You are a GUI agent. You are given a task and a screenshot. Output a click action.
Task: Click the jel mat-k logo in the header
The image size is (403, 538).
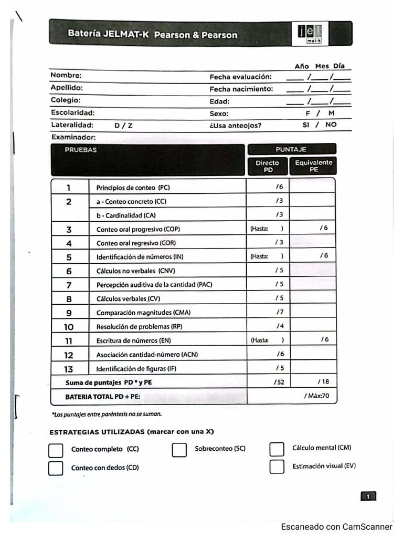tap(309, 33)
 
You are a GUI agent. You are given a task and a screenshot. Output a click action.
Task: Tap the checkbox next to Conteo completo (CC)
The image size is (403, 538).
tap(56, 450)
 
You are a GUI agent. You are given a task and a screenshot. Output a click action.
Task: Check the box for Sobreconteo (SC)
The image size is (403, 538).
tap(179, 450)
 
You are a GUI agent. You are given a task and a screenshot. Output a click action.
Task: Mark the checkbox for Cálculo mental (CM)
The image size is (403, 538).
tap(277, 449)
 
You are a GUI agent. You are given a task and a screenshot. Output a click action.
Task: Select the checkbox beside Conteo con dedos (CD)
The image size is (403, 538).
tap(56, 468)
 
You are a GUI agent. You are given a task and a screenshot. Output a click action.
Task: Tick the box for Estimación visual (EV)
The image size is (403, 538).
tap(277, 467)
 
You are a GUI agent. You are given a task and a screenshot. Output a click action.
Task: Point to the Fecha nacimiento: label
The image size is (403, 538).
tap(241, 89)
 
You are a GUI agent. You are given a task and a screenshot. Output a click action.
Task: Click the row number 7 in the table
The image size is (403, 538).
tap(69, 285)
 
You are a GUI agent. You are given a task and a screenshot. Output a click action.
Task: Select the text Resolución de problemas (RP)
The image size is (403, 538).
tap(139, 327)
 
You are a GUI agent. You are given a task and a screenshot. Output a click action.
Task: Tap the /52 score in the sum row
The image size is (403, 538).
tap(279, 382)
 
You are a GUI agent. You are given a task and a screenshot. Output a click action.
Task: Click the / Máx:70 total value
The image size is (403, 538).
tap(316, 396)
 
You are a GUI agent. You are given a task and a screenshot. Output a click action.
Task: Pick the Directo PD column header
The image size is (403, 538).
tap(268, 166)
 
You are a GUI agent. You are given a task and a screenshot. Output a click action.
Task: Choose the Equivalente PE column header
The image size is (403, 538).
tap(314, 166)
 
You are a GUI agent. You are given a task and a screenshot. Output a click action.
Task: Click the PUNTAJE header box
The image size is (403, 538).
tap(291, 149)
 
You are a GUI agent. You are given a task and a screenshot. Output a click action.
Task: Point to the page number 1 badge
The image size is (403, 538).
tap(368, 496)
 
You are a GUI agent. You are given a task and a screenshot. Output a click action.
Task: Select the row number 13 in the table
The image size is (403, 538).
tap(69, 369)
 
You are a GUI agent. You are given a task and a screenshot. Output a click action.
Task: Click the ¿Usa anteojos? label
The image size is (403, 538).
tap(236, 126)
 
